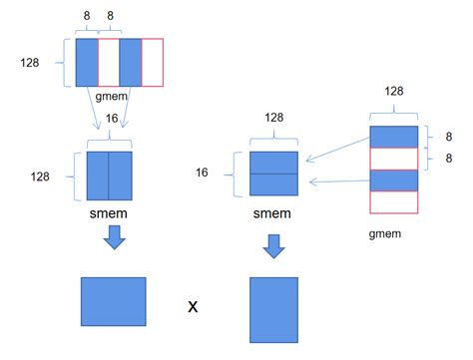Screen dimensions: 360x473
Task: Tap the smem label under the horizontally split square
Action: tap(272, 212)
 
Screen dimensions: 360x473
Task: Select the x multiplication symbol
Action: tap(194, 305)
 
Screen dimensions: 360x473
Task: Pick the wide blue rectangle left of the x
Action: tap(113, 302)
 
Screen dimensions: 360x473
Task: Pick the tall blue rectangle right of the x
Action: tap(273, 310)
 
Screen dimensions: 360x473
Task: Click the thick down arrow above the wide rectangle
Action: tap(114, 237)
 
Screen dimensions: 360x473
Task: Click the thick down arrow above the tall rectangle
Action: tap(273, 245)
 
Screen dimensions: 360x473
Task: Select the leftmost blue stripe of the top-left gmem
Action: tap(87, 62)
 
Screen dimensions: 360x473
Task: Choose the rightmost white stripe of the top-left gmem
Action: tap(152, 62)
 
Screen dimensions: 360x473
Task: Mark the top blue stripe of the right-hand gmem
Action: tap(393, 137)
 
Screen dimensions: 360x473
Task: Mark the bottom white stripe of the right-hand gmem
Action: tap(393, 201)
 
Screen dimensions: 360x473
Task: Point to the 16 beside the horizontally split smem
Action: tap(230, 173)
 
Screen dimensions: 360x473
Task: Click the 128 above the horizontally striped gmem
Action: tap(393, 91)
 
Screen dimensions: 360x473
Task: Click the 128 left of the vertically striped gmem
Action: tap(31, 62)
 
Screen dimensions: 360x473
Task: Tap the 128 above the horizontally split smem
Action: tap(273, 118)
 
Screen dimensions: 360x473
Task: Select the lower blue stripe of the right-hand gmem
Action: tap(393, 180)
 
